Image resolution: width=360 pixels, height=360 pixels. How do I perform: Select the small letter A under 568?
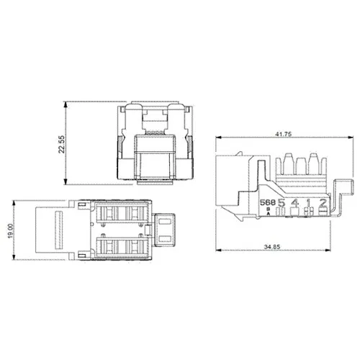click(x=269, y=214)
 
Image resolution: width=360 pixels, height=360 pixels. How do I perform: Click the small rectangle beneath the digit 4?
click(x=295, y=213)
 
